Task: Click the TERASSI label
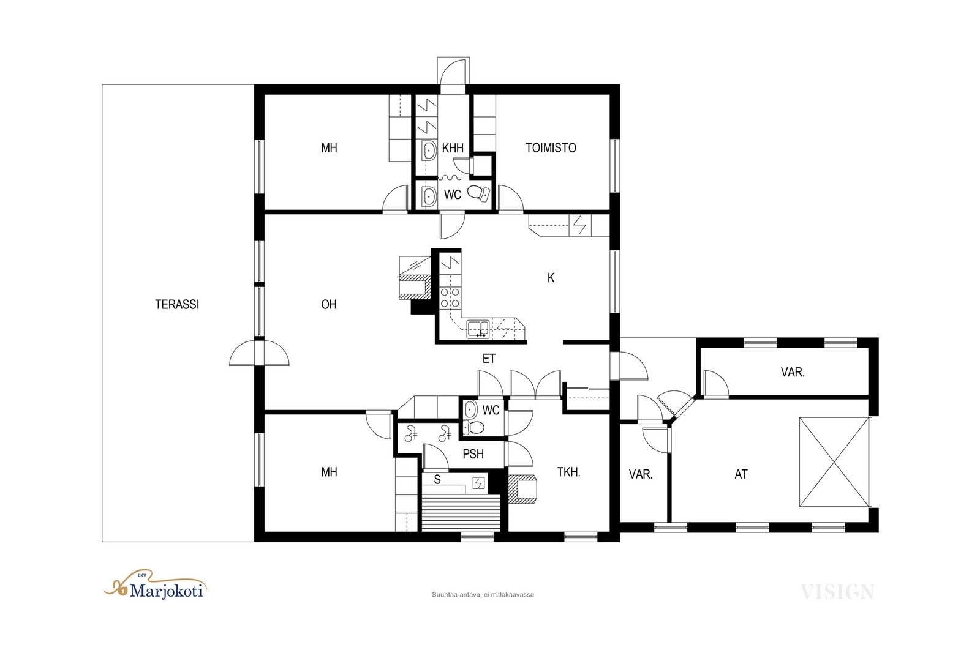(177, 304)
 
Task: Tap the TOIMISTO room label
(551, 147)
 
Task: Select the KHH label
(453, 147)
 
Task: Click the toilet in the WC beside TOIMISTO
(479, 193)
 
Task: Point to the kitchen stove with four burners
(450, 297)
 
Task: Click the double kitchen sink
(478, 329)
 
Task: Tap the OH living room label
(328, 304)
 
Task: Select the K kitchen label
(551, 278)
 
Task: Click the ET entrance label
(489, 359)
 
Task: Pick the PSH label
(473, 454)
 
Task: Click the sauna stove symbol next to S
(479, 483)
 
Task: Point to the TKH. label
(569, 472)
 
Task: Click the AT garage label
(741, 474)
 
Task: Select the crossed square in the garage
(834, 462)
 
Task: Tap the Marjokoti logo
(155, 586)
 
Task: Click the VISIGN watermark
(837, 592)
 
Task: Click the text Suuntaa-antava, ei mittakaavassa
(483, 594)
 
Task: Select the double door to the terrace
(260, 353)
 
